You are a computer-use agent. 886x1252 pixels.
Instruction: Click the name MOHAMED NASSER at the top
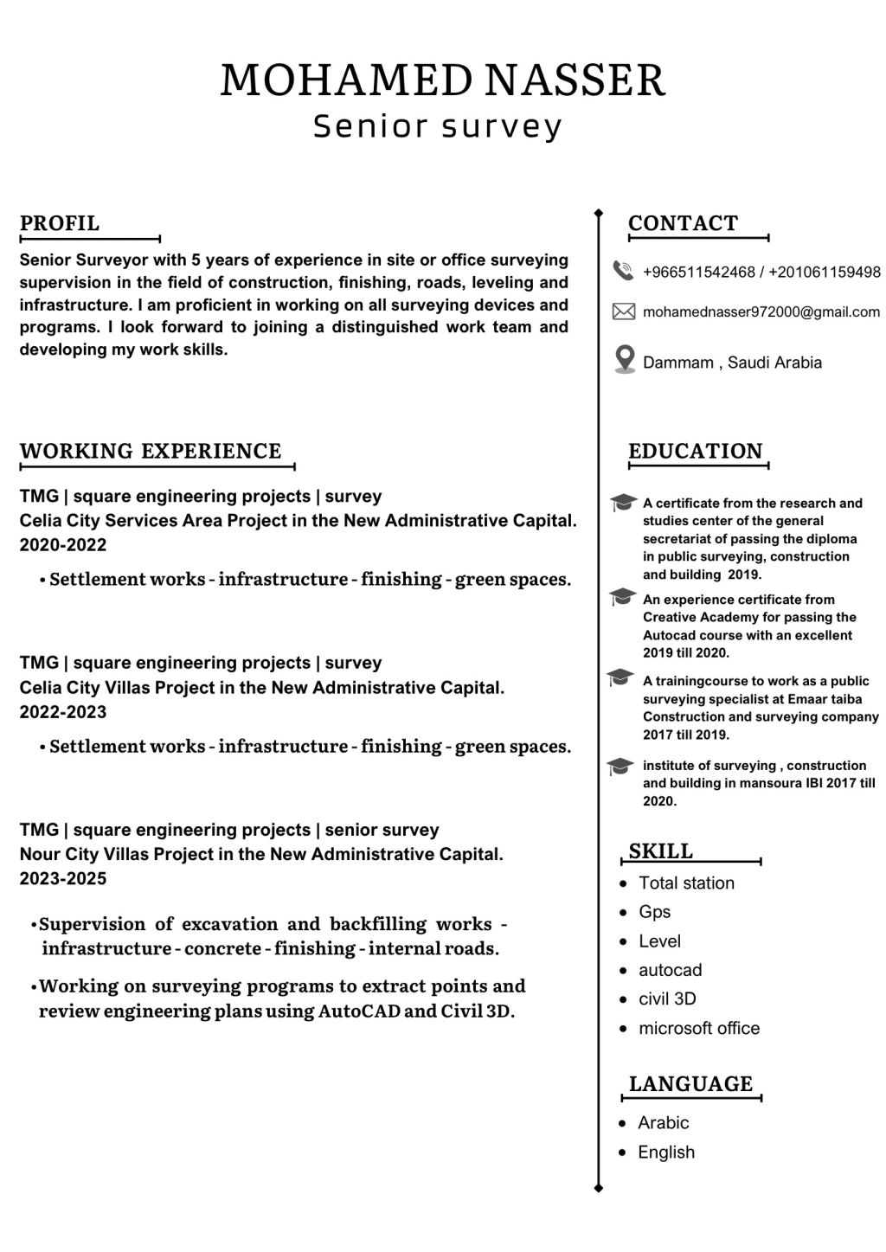click(x=442, y=80)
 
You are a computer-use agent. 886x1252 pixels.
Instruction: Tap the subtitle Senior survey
click(x=438, y=126)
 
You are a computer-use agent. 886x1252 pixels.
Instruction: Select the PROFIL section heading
click(x=60, y=223)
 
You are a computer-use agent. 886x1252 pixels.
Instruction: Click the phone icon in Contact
click(x=623, y=271)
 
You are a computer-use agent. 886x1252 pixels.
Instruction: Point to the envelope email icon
click(x=623, y=311)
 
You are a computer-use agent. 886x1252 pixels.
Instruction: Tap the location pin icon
click(x=624, y=359)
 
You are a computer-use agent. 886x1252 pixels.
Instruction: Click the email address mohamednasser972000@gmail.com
click(x=761, y=311)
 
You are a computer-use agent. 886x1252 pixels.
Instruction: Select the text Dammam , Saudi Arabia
click(x=732, y=363)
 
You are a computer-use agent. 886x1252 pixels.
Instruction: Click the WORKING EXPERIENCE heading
click(x=151, y=451)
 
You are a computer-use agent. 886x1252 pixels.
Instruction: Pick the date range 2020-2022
click(x=63, y=545)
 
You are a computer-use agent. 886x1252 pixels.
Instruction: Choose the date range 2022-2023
click(x=63, y=712)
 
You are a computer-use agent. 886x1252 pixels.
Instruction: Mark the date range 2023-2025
click(x=63, y=879)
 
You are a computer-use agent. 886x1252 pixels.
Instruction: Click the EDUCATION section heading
click(x=696, y=451)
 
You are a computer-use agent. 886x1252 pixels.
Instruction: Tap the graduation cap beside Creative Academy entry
click(x=621, y=598)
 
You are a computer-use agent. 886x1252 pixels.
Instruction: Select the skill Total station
click(x=686, y=883)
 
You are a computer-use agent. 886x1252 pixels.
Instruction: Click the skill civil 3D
click(x=667, y=999)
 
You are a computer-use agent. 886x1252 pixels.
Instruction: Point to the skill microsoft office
click(x=699, y=1029)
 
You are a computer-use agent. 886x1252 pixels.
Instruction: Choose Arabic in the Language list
click(x=664, y=1123)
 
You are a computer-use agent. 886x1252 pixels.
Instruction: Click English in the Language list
click(x=666, y=1152)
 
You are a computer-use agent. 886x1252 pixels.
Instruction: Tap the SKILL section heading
click(x=661, y=851)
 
